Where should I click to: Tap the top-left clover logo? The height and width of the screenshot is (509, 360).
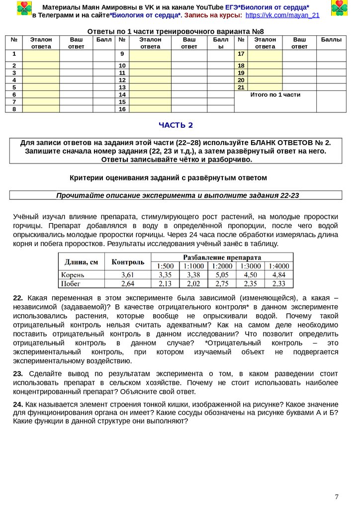23,8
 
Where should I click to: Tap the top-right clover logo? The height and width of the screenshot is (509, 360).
340,8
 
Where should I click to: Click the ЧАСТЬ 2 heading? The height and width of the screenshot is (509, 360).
176,125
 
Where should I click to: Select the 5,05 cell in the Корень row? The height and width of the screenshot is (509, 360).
222,274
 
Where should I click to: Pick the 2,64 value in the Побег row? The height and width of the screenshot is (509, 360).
128,284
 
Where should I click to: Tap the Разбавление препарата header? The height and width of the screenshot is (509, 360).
222,257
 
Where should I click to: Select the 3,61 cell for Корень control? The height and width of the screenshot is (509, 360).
128,274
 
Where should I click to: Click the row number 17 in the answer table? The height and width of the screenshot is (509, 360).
241,54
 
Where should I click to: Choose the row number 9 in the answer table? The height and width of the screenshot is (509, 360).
122,54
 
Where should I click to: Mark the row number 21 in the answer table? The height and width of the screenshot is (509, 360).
241,87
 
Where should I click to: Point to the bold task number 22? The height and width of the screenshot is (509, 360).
18,298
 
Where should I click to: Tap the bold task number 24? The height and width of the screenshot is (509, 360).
18,404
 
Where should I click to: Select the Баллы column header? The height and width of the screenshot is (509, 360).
331,39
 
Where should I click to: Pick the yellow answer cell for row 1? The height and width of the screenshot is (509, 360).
41,55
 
